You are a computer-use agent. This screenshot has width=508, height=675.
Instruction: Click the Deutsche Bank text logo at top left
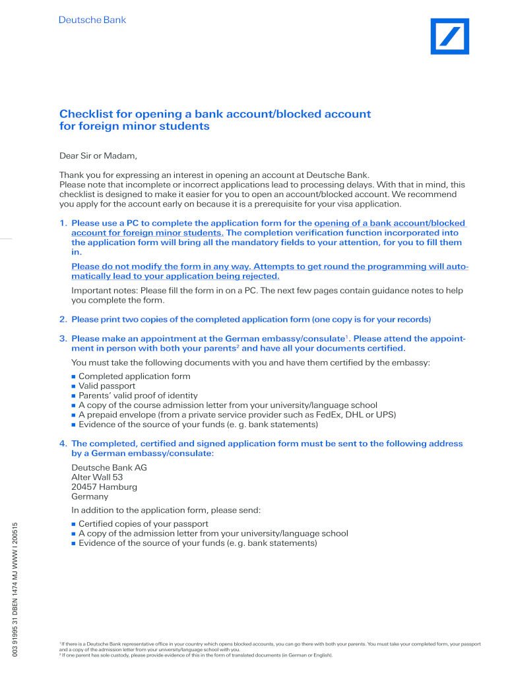pyautogui.click(x=92, y=20)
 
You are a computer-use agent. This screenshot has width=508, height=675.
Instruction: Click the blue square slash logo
pyautogui.click(x=450, y=36)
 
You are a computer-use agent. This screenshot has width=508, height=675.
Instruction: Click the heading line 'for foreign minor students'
pyautogui.click(x=135, y=127)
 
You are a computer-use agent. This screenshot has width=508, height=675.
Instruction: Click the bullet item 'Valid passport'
pyautogui.click(x=107, y=386)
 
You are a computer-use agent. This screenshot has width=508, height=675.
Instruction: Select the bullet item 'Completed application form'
pyautogui.click(x=134, y=376)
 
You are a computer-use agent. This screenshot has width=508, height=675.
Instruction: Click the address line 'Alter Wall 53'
pyautogui.click(x=97, y=477)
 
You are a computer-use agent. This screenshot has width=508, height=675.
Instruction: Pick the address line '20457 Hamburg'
pyautogui.click(x=104, y=487)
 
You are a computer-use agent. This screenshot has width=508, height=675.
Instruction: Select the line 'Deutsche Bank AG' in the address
pyautogui.click(x=109, y=467)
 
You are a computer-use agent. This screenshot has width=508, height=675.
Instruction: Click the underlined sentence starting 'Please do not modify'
pyautogui.click(x=270, y=272)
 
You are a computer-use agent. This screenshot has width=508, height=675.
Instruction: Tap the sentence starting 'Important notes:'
pyautogui.click(x=267, y=295)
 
